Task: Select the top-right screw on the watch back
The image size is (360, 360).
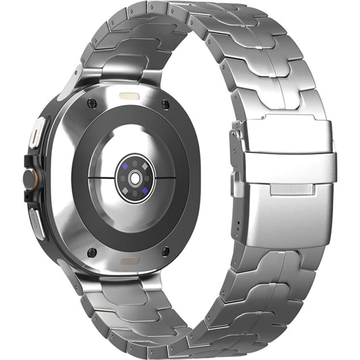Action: (166, 103)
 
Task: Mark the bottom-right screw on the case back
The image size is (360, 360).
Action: (165, 251)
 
